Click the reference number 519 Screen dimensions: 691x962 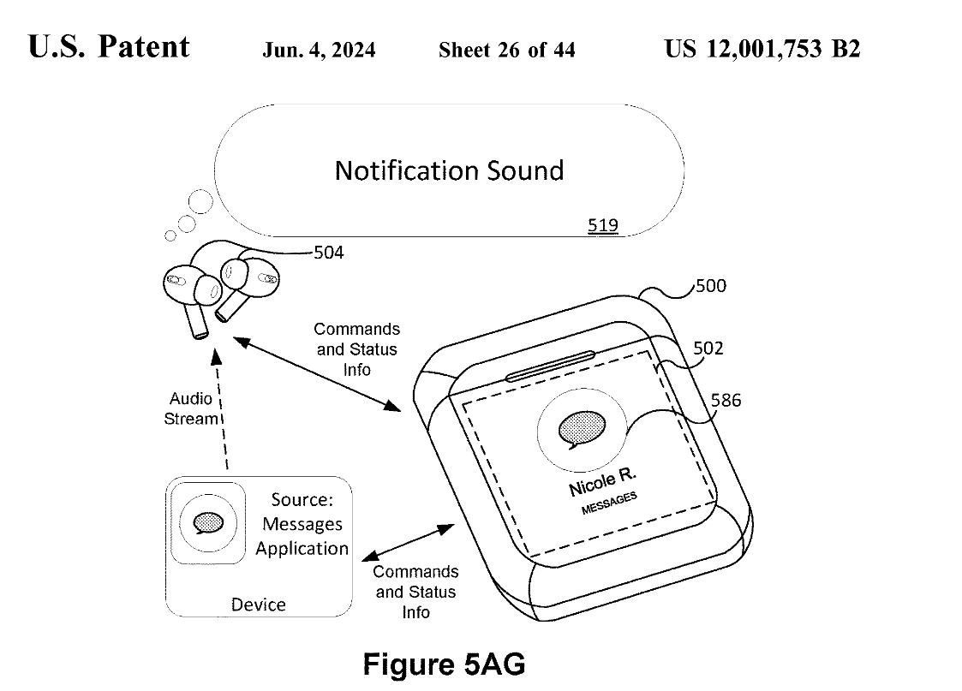click(x=602, y=226)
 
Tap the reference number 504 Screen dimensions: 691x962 click(x=330, y=252)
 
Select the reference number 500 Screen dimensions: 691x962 click(x=710, y=285)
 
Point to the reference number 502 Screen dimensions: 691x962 click(x=708, y=348)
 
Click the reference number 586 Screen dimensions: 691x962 click(x=725, y=400)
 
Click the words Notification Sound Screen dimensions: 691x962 click(x=449, y=170)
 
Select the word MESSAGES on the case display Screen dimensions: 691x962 click(x=609, y=503)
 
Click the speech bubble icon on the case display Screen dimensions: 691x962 click(x=580, y=428)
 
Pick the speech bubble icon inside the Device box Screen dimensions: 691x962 click(x=208, y=521)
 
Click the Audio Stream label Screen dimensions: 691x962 click(x=191, y=408)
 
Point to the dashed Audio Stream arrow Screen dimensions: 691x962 click(x=223, y=411)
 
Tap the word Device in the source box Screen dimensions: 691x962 click(x=258, y=605)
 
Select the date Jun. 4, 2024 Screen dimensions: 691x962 click(x=319, y=50)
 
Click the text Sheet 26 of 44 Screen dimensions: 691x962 click(x=506, y=50)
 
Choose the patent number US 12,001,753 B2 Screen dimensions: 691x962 click(x=762, y=49)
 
